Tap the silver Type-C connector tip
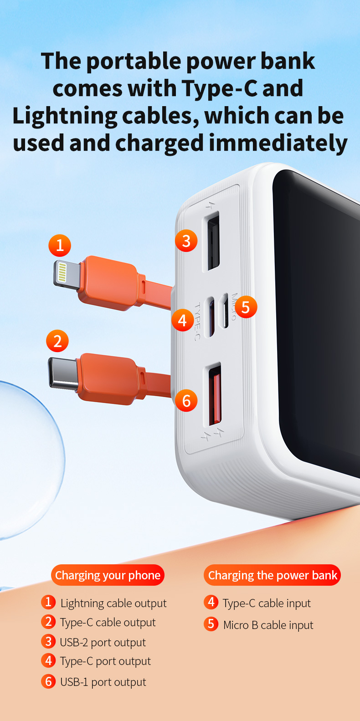pyautogui.click(x=63, y=373)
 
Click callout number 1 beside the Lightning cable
pyautogui.click(x=60, y=245)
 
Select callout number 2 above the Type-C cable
pyautogui.click(x=57, y=341)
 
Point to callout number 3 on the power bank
pyautogui.click(x=186, y=241)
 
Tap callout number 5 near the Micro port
pyautogui.click(x=246, y=307)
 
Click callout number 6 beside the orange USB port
pyautogui.click(x=186, y=400)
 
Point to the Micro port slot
pyautogui.click(x=226, y=311)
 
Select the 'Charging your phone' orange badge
pyautogui.click(x=108, y=575)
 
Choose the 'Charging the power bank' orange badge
pyautogui.click(x=272, y=575)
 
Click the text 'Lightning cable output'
pyautogui.click(x=113, y=603)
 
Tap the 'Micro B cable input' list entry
pyautogui.click(x=268, y=625)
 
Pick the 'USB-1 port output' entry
pyautogui.click(x=103, y=682)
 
